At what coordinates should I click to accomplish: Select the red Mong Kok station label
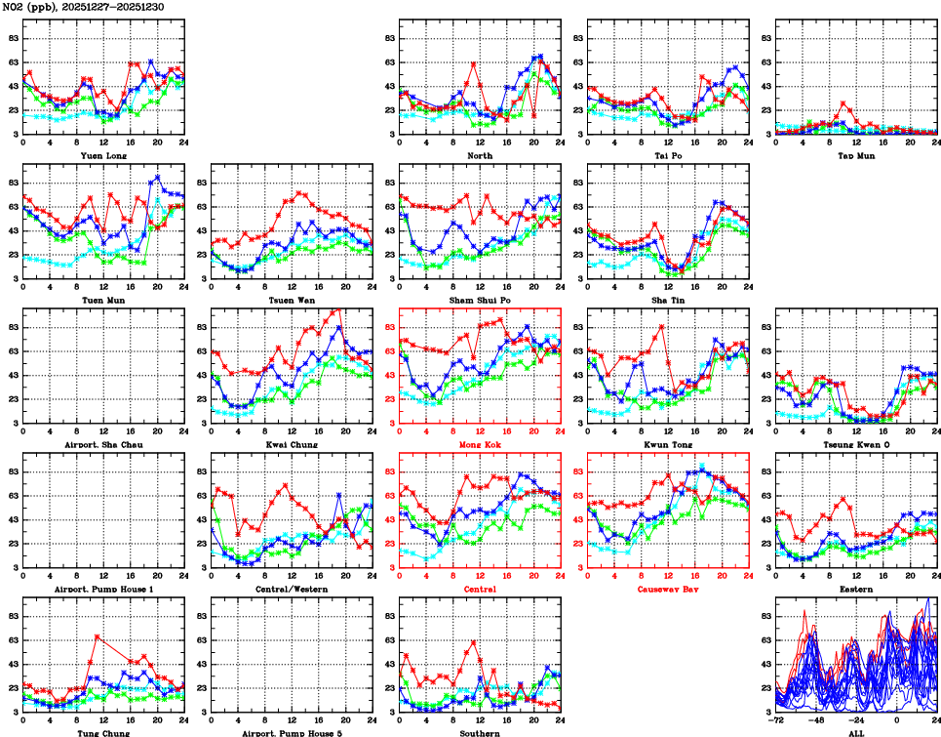point(479,445)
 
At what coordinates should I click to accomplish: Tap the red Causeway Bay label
point(667,590)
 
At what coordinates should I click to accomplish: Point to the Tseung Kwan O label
point(855,445)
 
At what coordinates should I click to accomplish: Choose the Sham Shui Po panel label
point(479,300)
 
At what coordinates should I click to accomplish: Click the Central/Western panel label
point(291,590)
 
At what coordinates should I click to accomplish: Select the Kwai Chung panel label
point(291,445)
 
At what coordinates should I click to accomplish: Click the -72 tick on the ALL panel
point(777,722)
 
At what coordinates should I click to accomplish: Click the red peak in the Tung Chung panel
point(97,636)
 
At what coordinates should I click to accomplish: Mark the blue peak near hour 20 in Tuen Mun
point(158,178)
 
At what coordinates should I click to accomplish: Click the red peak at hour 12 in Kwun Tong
point(662,326)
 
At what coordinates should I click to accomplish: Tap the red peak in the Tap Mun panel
point(843,103)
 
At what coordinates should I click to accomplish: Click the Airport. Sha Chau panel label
point(102,445)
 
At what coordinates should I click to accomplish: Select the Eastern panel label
point(855,590)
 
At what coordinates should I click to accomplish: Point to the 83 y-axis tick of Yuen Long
point(13,38)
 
